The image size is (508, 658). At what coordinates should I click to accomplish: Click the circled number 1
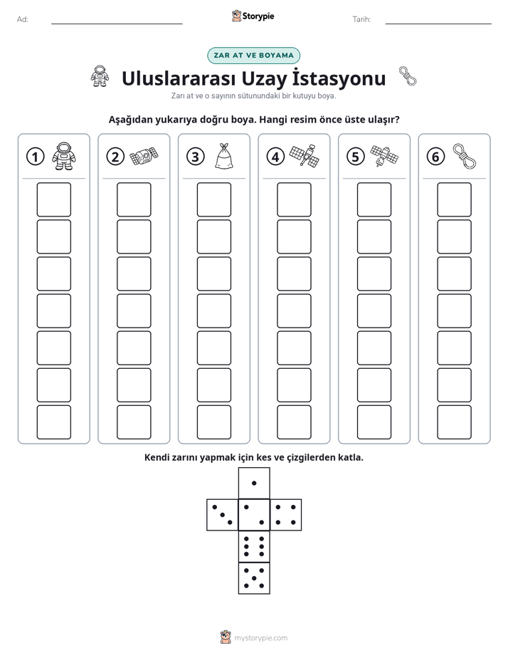pyautogui.click(x=35, y=157)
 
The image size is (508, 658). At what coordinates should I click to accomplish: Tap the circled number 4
pyautogui.click(x=275, y=157)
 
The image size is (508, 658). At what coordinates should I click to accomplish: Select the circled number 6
pyautogui.click(x=435, y=157)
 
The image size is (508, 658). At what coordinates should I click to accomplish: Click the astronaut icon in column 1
pyautogui.click(x=64, y=156)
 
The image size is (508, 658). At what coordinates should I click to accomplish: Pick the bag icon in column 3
pyautogui.click(x=223, y=156)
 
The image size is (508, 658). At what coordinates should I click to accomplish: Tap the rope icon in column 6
pyautogui.click(x=464, y=156)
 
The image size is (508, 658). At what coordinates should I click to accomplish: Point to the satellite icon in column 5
pyautogui.click(x=384, y=156)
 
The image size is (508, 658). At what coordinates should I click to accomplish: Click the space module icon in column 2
pyautogui.click(x=144, y=156)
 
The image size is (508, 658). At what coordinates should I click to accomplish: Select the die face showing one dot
pyautogui.click(x=254, y=484)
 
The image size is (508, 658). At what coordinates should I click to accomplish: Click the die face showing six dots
pyautogui.click(x=254, y=547)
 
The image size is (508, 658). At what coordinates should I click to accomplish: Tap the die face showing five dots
pyautogui.click(x=254, y=578)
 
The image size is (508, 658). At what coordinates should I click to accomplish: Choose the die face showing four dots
pyautogui.click(x=286, y=515)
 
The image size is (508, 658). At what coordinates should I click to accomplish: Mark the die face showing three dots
pyautogui.click(x=223, y=515)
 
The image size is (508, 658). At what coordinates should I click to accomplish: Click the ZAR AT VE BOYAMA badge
pyautogui.click(x=253, y=56)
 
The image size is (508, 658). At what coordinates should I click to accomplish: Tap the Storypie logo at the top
pyautogui.click(x=253, y=16)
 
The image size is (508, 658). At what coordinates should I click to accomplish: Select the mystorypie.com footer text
pyautogui.click(x=260, y=638)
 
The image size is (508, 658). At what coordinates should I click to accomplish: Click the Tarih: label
pyautogui.click(x=361, y=19)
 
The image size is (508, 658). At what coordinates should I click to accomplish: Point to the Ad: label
pyautogui.click(x=23, y=19)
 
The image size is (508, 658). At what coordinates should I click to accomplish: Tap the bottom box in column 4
pyautogui.click(x=295, y=422)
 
